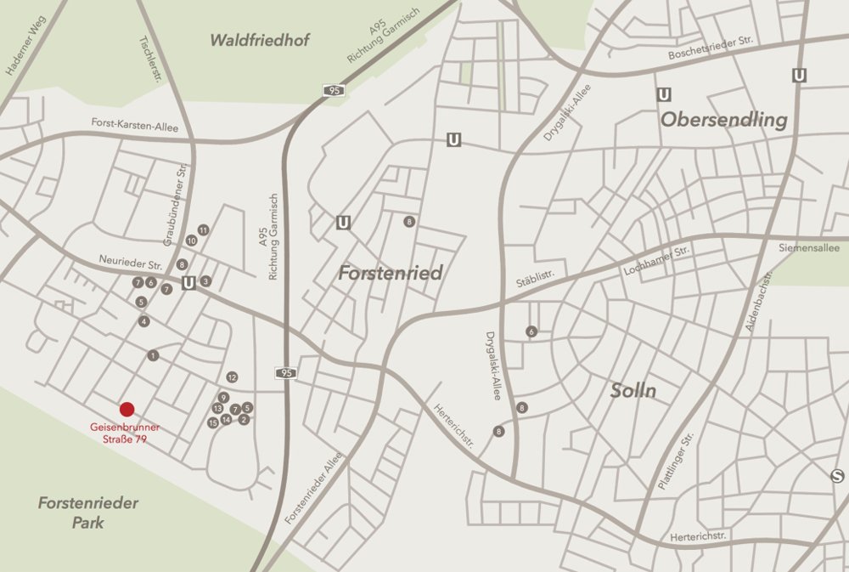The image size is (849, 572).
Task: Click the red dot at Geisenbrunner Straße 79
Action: click(x=127, y=410)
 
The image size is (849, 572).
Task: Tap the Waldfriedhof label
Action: click(x=261, y=40)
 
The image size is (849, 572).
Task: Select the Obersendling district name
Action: click(x=724, y=120)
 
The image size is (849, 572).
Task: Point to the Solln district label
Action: click(x=633, y=391)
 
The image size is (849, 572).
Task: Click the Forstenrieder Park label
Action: click(x=88, y=513)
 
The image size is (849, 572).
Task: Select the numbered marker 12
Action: click(x=232, y=377)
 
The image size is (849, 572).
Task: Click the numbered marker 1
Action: click(x=153, y=355)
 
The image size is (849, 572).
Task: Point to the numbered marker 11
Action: click(x=203, y=230)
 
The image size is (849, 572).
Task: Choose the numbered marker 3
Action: click(x=205, y=280)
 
